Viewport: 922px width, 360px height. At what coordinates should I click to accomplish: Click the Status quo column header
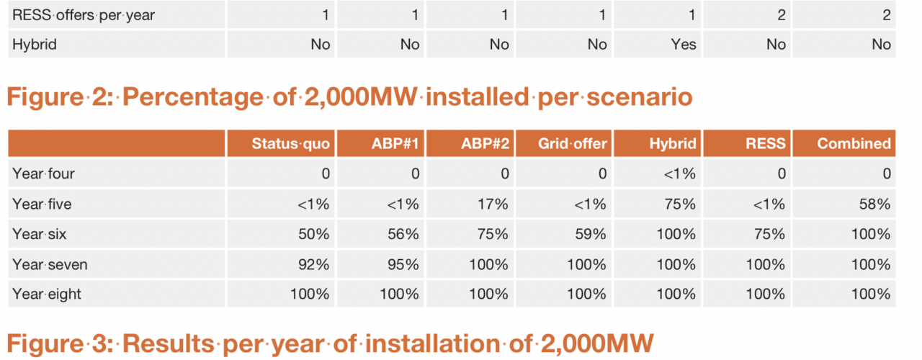(x=290, y=143)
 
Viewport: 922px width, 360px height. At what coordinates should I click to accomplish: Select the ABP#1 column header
(x=395, y=143)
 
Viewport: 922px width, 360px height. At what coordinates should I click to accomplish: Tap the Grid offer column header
(x=572, y=143)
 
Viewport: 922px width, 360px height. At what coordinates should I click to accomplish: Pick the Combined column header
(x=854, y=143)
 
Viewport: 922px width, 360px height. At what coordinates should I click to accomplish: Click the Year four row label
(x=43, y=174)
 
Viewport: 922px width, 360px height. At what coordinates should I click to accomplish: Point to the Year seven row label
(x=50, y=264)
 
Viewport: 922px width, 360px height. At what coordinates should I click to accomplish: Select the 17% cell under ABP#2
(x=493, y=204)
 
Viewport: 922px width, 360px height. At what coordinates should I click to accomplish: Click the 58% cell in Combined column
(x=874, y=204)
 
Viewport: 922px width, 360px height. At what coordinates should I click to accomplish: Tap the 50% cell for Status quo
(x=313, y=234)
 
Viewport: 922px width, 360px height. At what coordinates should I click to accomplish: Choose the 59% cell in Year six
(x=590, y=234)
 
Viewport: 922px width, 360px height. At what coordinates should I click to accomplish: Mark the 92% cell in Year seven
(x=313, y=264)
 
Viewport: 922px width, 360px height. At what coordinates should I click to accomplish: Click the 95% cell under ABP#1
(x=403, y=264)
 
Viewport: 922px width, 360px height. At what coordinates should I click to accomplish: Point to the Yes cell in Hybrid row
(x=684, y=44)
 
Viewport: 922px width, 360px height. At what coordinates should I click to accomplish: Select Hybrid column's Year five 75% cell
(x=680, y=204)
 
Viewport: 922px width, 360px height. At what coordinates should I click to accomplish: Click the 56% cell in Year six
(x=403, y=234)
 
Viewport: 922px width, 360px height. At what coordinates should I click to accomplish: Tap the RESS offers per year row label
(x=84, y=15)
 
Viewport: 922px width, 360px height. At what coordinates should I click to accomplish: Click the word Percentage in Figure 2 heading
(x=192, y=97)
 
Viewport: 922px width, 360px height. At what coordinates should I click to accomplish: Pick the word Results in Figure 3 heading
(x=168, y=343)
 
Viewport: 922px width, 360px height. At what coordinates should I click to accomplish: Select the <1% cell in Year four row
(x=679, y=174)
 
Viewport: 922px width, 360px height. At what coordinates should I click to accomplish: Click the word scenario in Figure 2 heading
(x=639, y=97)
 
